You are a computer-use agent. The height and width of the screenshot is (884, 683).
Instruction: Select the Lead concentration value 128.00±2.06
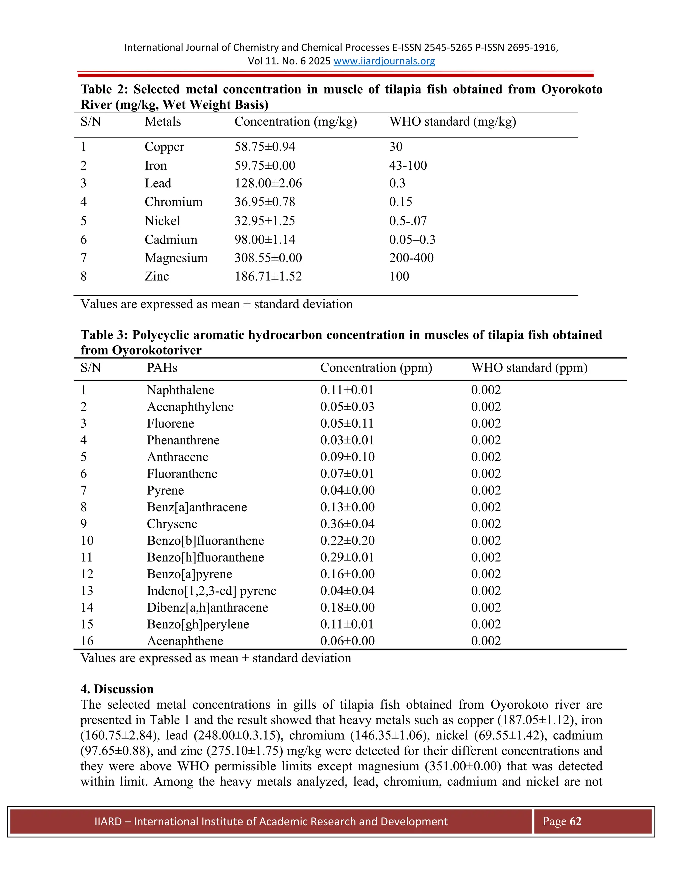point(268,183)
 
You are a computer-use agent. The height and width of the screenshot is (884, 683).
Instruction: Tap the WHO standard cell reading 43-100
point(408,165)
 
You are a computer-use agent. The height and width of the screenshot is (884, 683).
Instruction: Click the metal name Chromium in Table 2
point(173,202)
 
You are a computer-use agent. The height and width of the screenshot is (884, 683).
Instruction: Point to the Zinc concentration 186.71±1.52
point(268,276)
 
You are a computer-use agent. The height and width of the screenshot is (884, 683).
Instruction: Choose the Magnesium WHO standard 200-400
point(411,258)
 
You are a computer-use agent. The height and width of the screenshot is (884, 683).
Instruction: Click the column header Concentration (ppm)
point(376,368)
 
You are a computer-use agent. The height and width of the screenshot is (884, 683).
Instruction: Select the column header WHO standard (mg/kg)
point(452,122)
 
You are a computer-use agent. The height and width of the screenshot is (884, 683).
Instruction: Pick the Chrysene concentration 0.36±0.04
point(347,524)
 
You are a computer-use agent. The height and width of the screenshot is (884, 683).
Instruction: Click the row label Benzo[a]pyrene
point(189,574)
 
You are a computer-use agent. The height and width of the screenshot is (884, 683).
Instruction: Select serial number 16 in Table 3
point(87,641)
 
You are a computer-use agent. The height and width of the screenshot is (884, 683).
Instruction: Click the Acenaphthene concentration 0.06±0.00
point(347,641)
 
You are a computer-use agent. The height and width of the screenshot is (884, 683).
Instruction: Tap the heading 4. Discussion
point(117,689)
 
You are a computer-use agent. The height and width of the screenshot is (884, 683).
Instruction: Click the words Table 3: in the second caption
point(104,335)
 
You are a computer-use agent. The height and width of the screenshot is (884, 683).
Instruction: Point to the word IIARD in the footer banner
point(108,822)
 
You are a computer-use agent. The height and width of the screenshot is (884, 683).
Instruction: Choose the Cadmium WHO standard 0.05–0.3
point(412,239)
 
